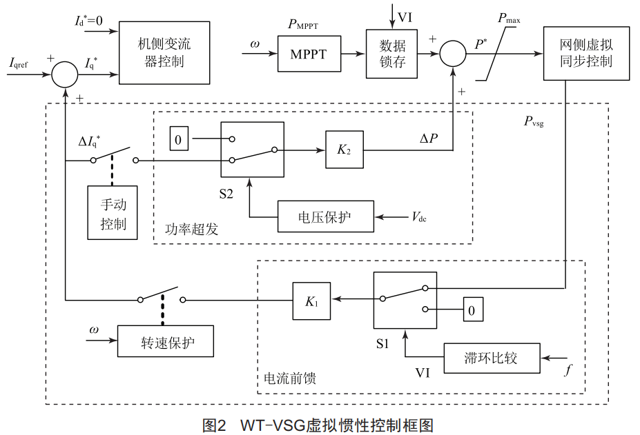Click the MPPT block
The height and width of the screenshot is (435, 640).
(309, 54)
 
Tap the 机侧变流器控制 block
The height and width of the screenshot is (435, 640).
(164, 53)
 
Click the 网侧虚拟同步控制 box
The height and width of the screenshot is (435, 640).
(586, 53)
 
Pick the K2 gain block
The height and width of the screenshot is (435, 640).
(344, 150)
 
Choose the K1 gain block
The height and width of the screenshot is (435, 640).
(311, 300)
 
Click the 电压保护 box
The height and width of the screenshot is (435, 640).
(325, 218)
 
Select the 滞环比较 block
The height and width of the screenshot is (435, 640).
(491, 358)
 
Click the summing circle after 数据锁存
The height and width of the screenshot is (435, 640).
(453, 54)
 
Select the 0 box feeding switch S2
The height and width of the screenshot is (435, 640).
(178, 140)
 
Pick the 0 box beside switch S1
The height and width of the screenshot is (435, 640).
(472, 310)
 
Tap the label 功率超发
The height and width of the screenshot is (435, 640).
(192, 229)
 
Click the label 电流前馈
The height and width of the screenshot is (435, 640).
(290, 378)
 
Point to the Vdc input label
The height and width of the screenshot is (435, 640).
(419, 218)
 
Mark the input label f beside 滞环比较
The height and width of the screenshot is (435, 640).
(568, 370)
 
